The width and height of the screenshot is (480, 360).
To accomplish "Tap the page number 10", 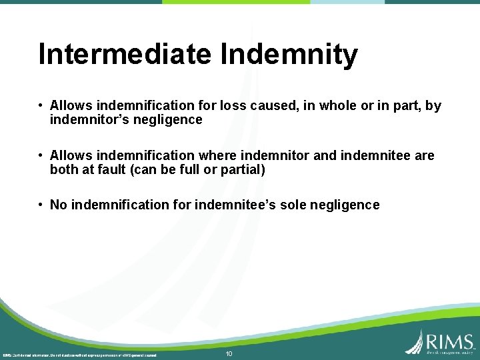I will pos(229,353).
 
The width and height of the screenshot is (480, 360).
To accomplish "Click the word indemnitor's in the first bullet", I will pos(84,120).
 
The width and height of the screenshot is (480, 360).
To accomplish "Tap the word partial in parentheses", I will pos(242,170).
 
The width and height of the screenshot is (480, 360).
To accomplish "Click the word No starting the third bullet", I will pos(58,205).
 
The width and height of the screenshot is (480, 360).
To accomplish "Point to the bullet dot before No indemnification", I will pos(41,205).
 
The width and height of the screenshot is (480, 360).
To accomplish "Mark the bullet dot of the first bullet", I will pos(41,105).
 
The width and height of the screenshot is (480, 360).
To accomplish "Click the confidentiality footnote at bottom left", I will pos(79,355).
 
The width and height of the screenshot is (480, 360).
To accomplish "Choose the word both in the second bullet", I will pos(64,170).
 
